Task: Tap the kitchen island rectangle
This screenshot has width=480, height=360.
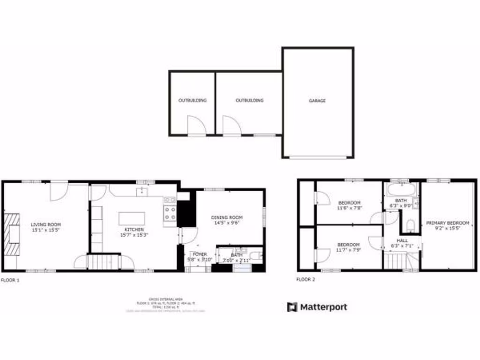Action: (132, 218)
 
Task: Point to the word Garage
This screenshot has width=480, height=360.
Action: (317, 101)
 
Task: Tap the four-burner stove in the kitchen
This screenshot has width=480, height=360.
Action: (170, 214)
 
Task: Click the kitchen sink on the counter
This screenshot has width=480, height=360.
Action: (141, 191)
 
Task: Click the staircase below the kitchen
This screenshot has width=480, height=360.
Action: (104, 262)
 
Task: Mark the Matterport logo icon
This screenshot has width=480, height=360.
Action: (292, 307)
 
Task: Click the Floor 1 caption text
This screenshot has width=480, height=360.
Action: (10, 280)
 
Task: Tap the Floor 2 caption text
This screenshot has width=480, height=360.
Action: (306, 280)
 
